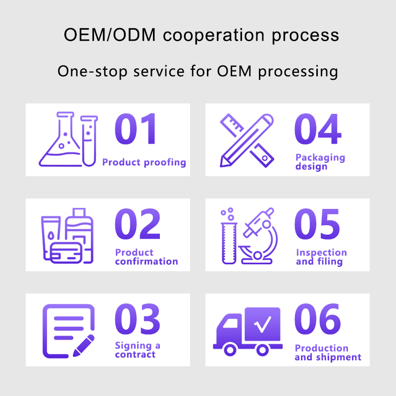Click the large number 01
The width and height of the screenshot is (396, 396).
135,129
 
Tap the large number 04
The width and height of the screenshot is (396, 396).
318,129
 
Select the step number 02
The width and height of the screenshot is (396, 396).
138,224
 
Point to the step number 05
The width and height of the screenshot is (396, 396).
317,224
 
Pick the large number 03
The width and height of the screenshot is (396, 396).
138,319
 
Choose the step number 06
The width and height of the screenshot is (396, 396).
318,319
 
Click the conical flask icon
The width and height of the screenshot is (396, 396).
60,139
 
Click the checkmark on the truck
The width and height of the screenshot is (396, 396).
263,324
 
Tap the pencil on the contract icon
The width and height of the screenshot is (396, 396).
84,346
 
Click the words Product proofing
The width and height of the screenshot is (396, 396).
144,162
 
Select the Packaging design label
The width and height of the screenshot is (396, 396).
320,162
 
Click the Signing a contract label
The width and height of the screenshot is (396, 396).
138,350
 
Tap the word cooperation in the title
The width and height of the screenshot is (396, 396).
214,35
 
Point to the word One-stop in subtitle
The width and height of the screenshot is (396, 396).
93,71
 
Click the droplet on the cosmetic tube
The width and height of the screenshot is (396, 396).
51,236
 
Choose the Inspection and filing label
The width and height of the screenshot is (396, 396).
321,257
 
